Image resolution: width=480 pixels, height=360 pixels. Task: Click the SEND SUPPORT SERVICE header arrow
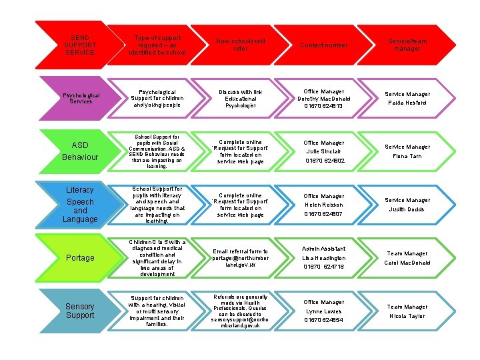(x=79, y=45)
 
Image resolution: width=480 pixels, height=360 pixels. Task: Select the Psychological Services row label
(x=79, y=98)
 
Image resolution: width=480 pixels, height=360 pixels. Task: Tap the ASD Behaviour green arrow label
(x=79, y=151)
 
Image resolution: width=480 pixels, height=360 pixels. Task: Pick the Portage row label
(x=79, y=257)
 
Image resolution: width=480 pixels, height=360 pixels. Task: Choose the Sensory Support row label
(x=79, y=311)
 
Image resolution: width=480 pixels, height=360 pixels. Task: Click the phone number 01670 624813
(x=323, y=106)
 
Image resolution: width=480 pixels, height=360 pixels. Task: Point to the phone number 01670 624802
(x=324, y=161)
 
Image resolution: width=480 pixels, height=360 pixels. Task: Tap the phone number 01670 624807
(x=324, y=214)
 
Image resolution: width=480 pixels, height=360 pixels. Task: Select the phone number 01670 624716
(x=324, y=267)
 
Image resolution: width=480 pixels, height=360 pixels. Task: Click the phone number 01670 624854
(x=324, y=320)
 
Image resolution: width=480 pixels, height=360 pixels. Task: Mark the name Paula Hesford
(x=407, y=103)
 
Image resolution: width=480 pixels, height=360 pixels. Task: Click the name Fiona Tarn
(x=407, y=156)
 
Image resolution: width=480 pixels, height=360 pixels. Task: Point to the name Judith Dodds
(x=407, y=209)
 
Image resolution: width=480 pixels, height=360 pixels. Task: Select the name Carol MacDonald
(x=407, y=263)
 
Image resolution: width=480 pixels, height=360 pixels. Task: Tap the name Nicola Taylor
(x=407, y=316)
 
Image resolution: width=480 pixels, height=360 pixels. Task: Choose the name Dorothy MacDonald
(x=324, y=99)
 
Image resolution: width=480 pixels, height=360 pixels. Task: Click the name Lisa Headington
(x=324, y=257)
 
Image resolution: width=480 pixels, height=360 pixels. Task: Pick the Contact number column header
(x=324, y=45)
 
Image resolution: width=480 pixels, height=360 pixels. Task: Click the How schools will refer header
(x=240, y=45)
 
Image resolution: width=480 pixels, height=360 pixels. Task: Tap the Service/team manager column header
(x=407, y=45)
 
